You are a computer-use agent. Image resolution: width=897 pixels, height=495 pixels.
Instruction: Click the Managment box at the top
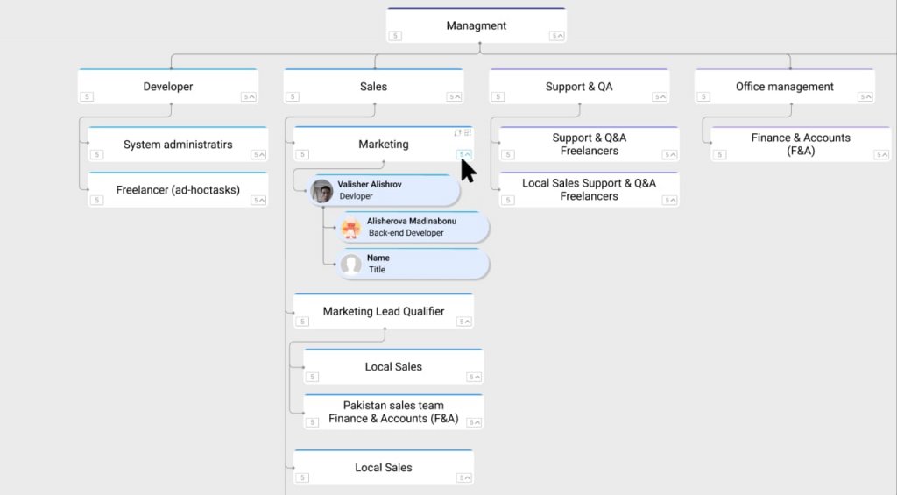[x=476, y=25]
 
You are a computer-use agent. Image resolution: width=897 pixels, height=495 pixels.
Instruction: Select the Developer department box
[x=168, y=87]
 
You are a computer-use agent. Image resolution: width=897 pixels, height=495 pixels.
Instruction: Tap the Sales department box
[x=373, y=87]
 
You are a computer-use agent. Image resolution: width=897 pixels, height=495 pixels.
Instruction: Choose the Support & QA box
[x=579, y=87]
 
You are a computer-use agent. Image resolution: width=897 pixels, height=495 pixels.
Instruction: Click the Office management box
[x=784, y=87]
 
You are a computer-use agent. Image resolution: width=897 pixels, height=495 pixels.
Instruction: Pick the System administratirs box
[x=178, y=145]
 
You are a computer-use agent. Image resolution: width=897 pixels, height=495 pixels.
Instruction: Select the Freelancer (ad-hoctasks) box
[x=178, y=190]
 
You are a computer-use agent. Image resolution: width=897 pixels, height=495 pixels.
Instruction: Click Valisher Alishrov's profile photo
[x=321, y=191]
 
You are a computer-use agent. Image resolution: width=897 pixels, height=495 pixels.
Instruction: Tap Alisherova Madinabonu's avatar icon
[x=350, y=228]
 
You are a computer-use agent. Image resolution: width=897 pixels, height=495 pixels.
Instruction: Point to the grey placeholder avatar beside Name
[x=350, y=265]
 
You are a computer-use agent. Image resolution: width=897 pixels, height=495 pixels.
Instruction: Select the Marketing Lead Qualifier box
[x=384, y=311]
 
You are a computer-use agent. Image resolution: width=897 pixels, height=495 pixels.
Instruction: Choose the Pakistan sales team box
[x=393, y=412]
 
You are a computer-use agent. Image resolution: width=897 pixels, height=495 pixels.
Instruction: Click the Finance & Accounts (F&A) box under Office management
[x=801, y=145]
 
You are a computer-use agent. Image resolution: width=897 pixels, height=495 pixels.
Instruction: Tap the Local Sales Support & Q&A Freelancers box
[x=589, y=189]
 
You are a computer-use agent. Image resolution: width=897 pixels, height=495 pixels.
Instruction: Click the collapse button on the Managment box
[x=556, y=36]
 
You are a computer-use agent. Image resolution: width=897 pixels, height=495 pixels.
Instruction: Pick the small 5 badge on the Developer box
[x=87, y=96]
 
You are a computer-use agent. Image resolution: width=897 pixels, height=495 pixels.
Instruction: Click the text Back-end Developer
[x=406, y=233]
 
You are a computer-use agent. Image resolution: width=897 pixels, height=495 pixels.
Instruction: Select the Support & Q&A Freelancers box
[x=589, y=145]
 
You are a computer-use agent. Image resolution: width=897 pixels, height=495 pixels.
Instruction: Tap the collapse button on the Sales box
[x=454, y=96]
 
